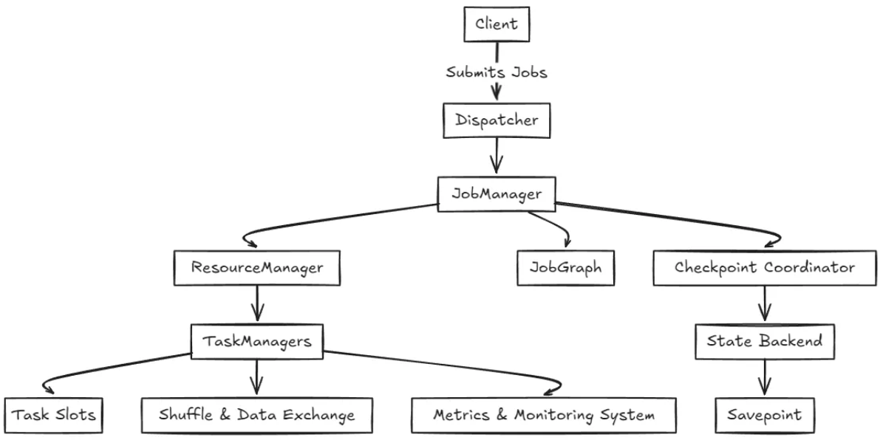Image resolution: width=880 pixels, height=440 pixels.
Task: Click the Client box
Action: point(497,24)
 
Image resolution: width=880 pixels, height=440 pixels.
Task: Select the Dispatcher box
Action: point(497,120)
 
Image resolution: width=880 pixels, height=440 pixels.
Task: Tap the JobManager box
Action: point(497,194)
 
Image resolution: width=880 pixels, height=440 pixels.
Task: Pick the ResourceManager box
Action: point(257,267)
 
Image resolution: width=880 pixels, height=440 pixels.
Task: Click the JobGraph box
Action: point(565,267)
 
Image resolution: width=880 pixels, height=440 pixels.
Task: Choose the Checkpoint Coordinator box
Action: point(765,267)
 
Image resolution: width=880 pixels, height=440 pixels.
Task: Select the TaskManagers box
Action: point(257,341)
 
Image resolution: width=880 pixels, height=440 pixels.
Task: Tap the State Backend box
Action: point(765,341)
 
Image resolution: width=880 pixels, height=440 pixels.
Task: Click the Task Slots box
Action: point(53,416)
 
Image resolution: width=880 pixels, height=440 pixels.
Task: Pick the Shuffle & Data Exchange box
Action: point(257,416)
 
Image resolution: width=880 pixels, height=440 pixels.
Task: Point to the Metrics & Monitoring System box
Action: point(544,416)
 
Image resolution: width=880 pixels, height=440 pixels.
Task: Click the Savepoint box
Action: point(765,416)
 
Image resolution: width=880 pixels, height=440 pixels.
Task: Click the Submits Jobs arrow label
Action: point(497,72)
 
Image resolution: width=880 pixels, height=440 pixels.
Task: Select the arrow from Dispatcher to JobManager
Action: point(496,156)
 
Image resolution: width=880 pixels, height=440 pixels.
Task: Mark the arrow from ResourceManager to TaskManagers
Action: point(257,304)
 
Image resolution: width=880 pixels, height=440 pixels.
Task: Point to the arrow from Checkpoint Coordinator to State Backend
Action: point(765,304)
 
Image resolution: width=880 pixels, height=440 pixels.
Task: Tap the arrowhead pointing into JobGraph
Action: point(567,242)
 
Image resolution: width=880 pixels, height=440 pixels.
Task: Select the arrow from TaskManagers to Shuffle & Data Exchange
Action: point(256,378)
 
